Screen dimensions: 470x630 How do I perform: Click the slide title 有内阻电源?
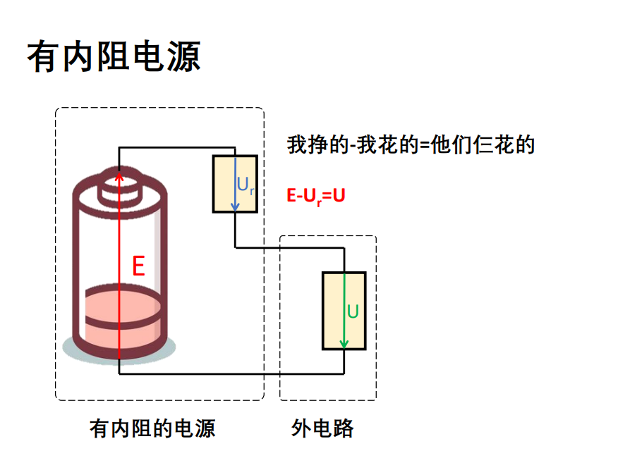point(114,56)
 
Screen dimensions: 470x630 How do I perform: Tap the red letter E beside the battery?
point(138,266)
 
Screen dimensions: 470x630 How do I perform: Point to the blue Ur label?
point(245,185)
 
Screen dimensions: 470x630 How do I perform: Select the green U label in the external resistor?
point(353,311)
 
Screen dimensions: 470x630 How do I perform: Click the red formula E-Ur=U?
point(315,196)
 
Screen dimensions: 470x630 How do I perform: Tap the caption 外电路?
point(323,428)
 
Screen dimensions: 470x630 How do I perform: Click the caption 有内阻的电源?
point(152,428)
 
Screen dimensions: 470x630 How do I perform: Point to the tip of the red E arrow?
point(119,171)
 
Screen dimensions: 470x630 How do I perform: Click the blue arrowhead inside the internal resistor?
point(236,207)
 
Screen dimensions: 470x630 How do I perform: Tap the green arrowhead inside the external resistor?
point(344,344)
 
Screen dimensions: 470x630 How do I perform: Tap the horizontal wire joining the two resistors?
point(289,247)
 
